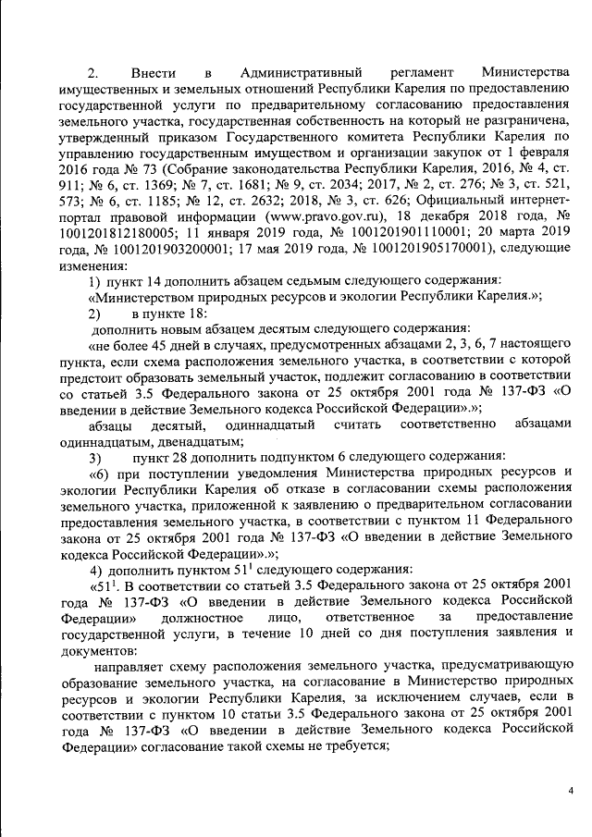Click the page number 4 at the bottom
coord(571,789)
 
